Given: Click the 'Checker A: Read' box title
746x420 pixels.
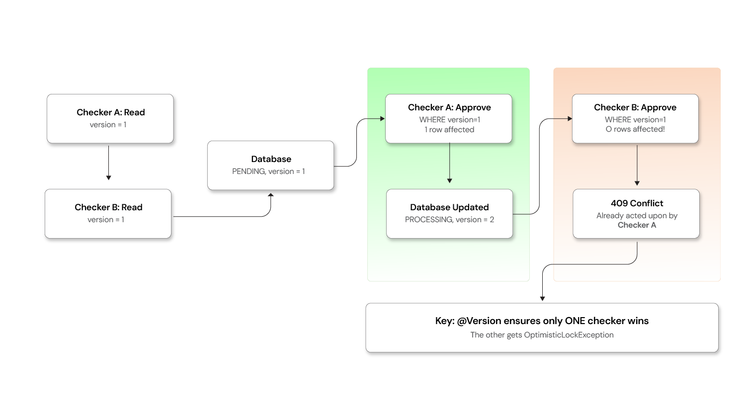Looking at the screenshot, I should pyautogui.click(x=110, y=112).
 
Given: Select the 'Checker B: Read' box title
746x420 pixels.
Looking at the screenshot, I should pyautogui.click(x=108, y=207).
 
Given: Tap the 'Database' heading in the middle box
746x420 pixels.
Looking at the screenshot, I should pyautogui.click(x=271, y=159).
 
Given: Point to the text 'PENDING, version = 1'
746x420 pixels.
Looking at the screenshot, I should pyautogui.click(x=268, y=171).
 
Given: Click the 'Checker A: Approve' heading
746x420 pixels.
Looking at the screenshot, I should pyautogui.click(x=449, y=107).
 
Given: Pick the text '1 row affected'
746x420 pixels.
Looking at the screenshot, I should pyautogui.click(x=449, y=130).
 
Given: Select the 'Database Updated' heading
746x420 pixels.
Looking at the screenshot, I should pyautogui.click(x=449, y=207).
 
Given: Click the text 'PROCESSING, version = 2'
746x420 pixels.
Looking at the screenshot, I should pyautogui.click(x=449, y=220).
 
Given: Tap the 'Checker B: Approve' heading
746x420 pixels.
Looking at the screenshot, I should pyautogui.click(x=635, y=107).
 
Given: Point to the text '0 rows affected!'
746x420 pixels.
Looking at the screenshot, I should pyautogui.click(x=635, y=129).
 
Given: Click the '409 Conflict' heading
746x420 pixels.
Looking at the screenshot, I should pyautogui.click(x=637, y=203).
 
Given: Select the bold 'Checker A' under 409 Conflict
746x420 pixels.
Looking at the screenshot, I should pyautogui.click(x=637, y=225).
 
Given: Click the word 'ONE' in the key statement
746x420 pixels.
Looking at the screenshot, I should pyautogui.click(x=575, y=321).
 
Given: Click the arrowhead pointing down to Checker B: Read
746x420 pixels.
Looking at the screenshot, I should pyautogui.click(x=108, y=177).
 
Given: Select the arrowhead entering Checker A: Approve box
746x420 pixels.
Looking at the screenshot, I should pyautogui.click(x=383, y=119).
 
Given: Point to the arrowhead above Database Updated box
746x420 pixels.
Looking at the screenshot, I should pyautogui.click(x=449, y=181).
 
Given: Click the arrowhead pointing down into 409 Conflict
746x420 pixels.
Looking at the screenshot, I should pyautogui.click(x=637, y=183).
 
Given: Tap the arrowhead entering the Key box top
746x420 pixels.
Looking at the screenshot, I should pyautogui.click(x=542, y=299).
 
